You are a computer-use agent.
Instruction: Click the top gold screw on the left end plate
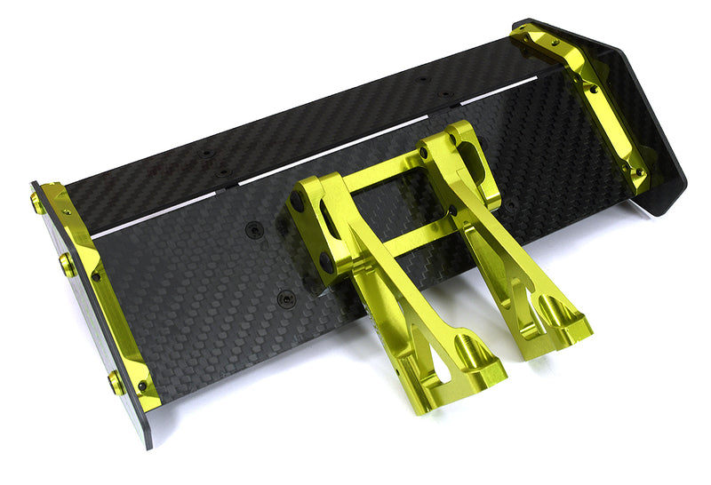pyautogui.click(x=37, y=203)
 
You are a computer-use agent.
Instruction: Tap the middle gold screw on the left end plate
pyautogui.click(x=68, y=265)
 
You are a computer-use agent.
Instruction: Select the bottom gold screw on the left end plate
pyautogui.click(x=116, y=383)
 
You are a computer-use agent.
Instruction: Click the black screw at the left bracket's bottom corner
pyautogui.click(x=142, y=386)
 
